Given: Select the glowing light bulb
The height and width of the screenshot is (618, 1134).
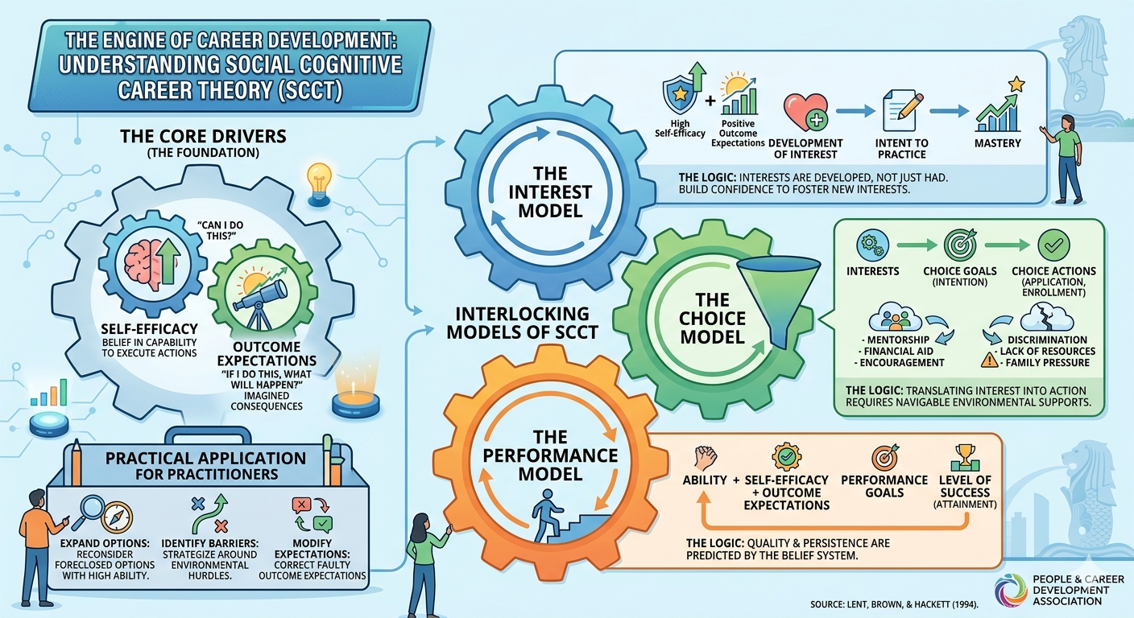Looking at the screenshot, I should point(320,178).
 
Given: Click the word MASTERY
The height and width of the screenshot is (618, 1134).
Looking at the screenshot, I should point(997,143).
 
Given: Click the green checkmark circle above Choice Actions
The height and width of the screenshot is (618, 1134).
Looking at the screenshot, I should point(1053,243).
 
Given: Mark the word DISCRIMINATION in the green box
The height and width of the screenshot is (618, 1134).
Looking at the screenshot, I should point(1046,339).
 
